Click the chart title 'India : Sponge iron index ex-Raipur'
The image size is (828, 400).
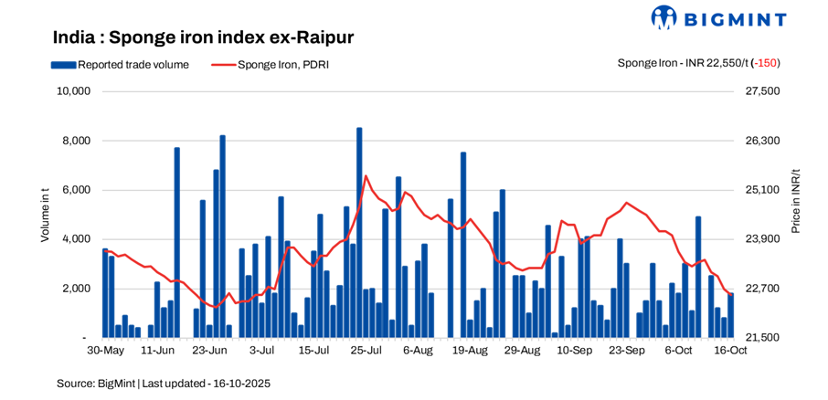click(x=203, y=37)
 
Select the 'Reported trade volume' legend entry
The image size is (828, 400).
click(x=133, y=64)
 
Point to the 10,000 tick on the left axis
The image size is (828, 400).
click(x=73, y=91)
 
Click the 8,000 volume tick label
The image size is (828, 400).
click(x=77, y=141)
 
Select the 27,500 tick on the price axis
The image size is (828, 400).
click(x=763, y=91)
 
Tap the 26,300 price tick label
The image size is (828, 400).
click(x=763, y=141)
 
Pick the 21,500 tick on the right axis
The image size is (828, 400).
click(x=763, y=338)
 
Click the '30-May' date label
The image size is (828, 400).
click(x=105, y=351)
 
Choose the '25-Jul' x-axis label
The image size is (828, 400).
click(x=366, y=351)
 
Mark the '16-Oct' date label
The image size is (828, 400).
click(x=731, y=351)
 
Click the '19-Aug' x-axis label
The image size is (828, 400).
click(x=471, y=351)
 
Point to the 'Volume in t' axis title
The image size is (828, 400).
click(x=45, y=214)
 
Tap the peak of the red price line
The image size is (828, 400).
click(x=366, y=176)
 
